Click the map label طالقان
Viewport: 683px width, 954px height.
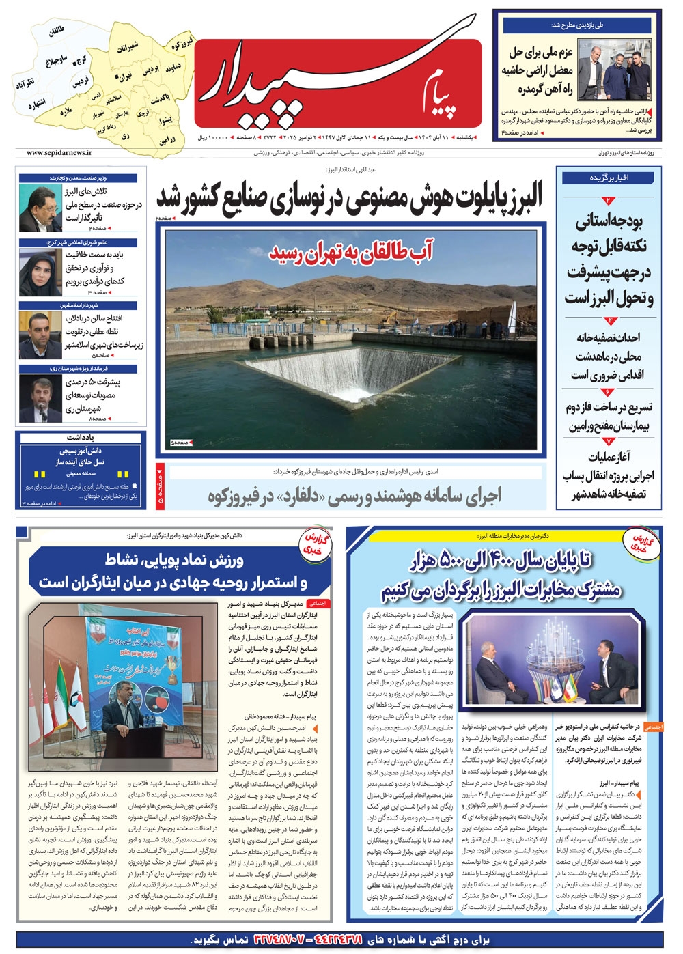(x=56, y=30)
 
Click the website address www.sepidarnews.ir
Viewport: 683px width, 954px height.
(x=59, y=153)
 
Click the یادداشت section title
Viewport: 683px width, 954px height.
(x=81, y=437)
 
